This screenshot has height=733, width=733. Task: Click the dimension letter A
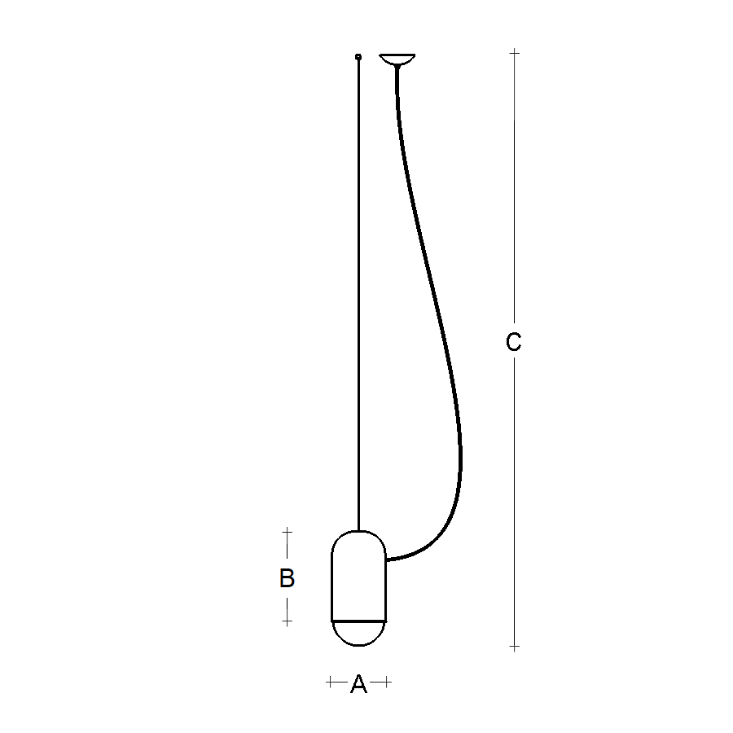[358, 686]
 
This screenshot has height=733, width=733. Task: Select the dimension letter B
[287, 578]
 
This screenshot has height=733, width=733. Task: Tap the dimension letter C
[513, 343]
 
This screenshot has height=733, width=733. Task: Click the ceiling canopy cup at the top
[397, 59]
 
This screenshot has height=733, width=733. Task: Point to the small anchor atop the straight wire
[358, 56]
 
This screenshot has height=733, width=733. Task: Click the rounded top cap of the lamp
[358, 540]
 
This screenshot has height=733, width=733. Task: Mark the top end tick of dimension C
[514, 53]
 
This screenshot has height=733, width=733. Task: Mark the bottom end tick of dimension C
[514, 647]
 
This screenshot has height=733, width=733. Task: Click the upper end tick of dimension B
[287, 532]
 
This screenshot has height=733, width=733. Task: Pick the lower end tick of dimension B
[287, 621]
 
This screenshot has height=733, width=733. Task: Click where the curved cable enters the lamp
[388, 560]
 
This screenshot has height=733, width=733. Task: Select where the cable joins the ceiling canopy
[397, 67]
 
